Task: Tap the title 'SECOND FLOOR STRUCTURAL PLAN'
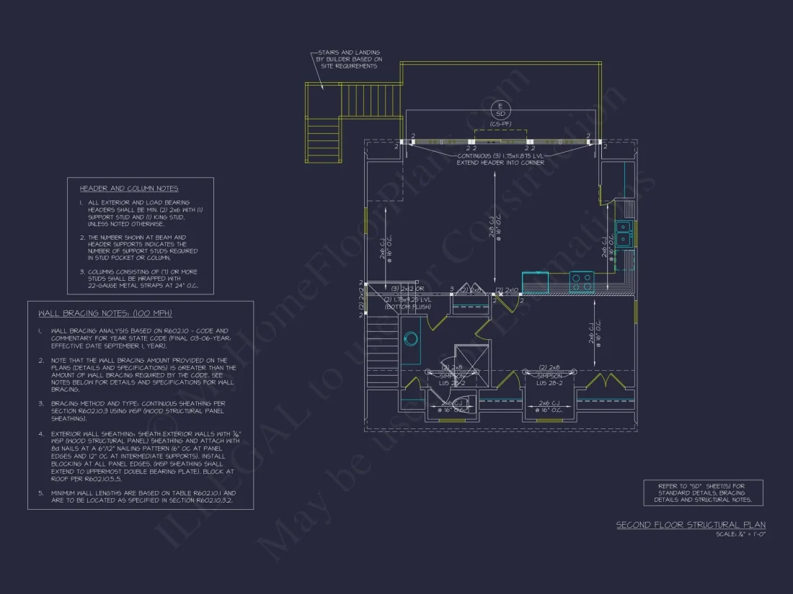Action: click(690, 525)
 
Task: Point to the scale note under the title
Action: click(740, 534)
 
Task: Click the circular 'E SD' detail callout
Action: click(498, 110)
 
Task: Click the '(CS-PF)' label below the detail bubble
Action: click(498, 125)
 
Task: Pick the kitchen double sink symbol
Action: click(623, 233)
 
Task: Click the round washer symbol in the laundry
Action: click(411, 338)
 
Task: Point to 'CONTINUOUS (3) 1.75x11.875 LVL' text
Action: click(501, 156)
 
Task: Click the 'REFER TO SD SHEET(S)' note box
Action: click(703, 492)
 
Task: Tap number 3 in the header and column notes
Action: click(82, 271)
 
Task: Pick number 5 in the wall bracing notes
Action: click(40, 493)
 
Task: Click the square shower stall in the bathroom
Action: click(471, 360)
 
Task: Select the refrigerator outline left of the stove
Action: click(536, 282)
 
